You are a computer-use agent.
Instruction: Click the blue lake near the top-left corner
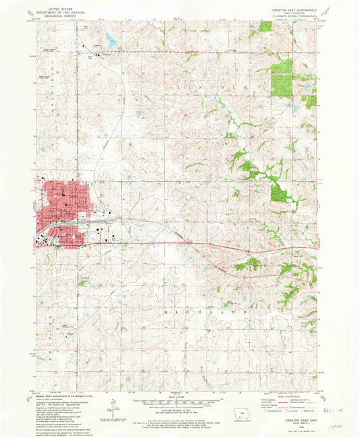111,40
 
